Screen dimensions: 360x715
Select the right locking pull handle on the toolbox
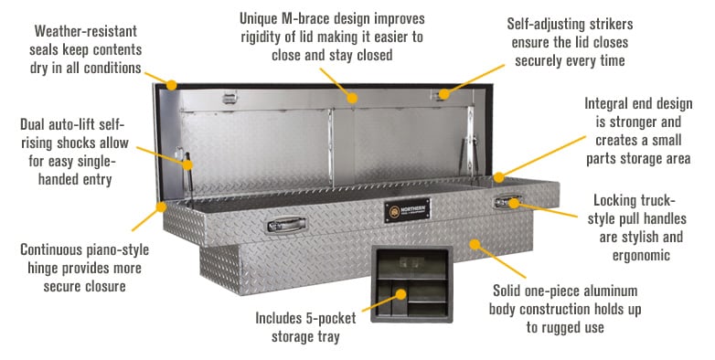[505, 200]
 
